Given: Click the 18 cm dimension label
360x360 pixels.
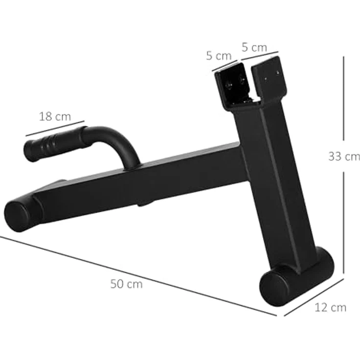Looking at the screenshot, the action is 55,116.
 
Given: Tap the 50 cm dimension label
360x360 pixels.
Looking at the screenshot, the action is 126,284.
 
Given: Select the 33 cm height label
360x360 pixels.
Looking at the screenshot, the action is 344,157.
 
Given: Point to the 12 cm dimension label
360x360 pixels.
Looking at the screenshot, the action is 330,308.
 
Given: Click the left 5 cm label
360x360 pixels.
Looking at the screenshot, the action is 219,56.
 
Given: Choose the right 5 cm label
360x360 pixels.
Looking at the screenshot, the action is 254,47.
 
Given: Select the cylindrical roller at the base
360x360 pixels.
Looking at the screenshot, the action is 296,277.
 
